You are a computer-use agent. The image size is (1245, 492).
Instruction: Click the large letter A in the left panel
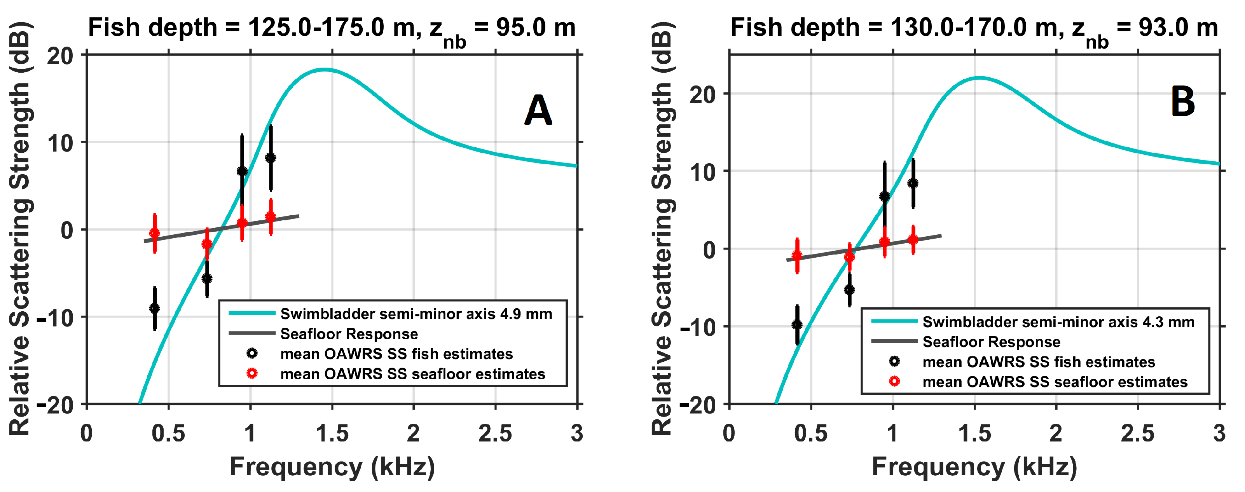[x=538, y=110]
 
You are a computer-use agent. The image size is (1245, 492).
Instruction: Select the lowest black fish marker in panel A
[x=155, y=308]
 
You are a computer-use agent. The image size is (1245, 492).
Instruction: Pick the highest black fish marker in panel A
[x=271, y=157]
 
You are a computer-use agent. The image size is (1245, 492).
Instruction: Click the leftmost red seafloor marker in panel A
[x=155, y=233]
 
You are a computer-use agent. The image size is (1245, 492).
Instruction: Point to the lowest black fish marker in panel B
[x=797, y=324]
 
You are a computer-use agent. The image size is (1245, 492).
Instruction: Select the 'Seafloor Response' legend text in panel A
[x=349, y=334]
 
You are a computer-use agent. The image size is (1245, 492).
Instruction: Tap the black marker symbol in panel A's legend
[x=252, y=353]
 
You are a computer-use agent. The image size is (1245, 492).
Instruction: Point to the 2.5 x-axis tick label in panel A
[x=495, y=434]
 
